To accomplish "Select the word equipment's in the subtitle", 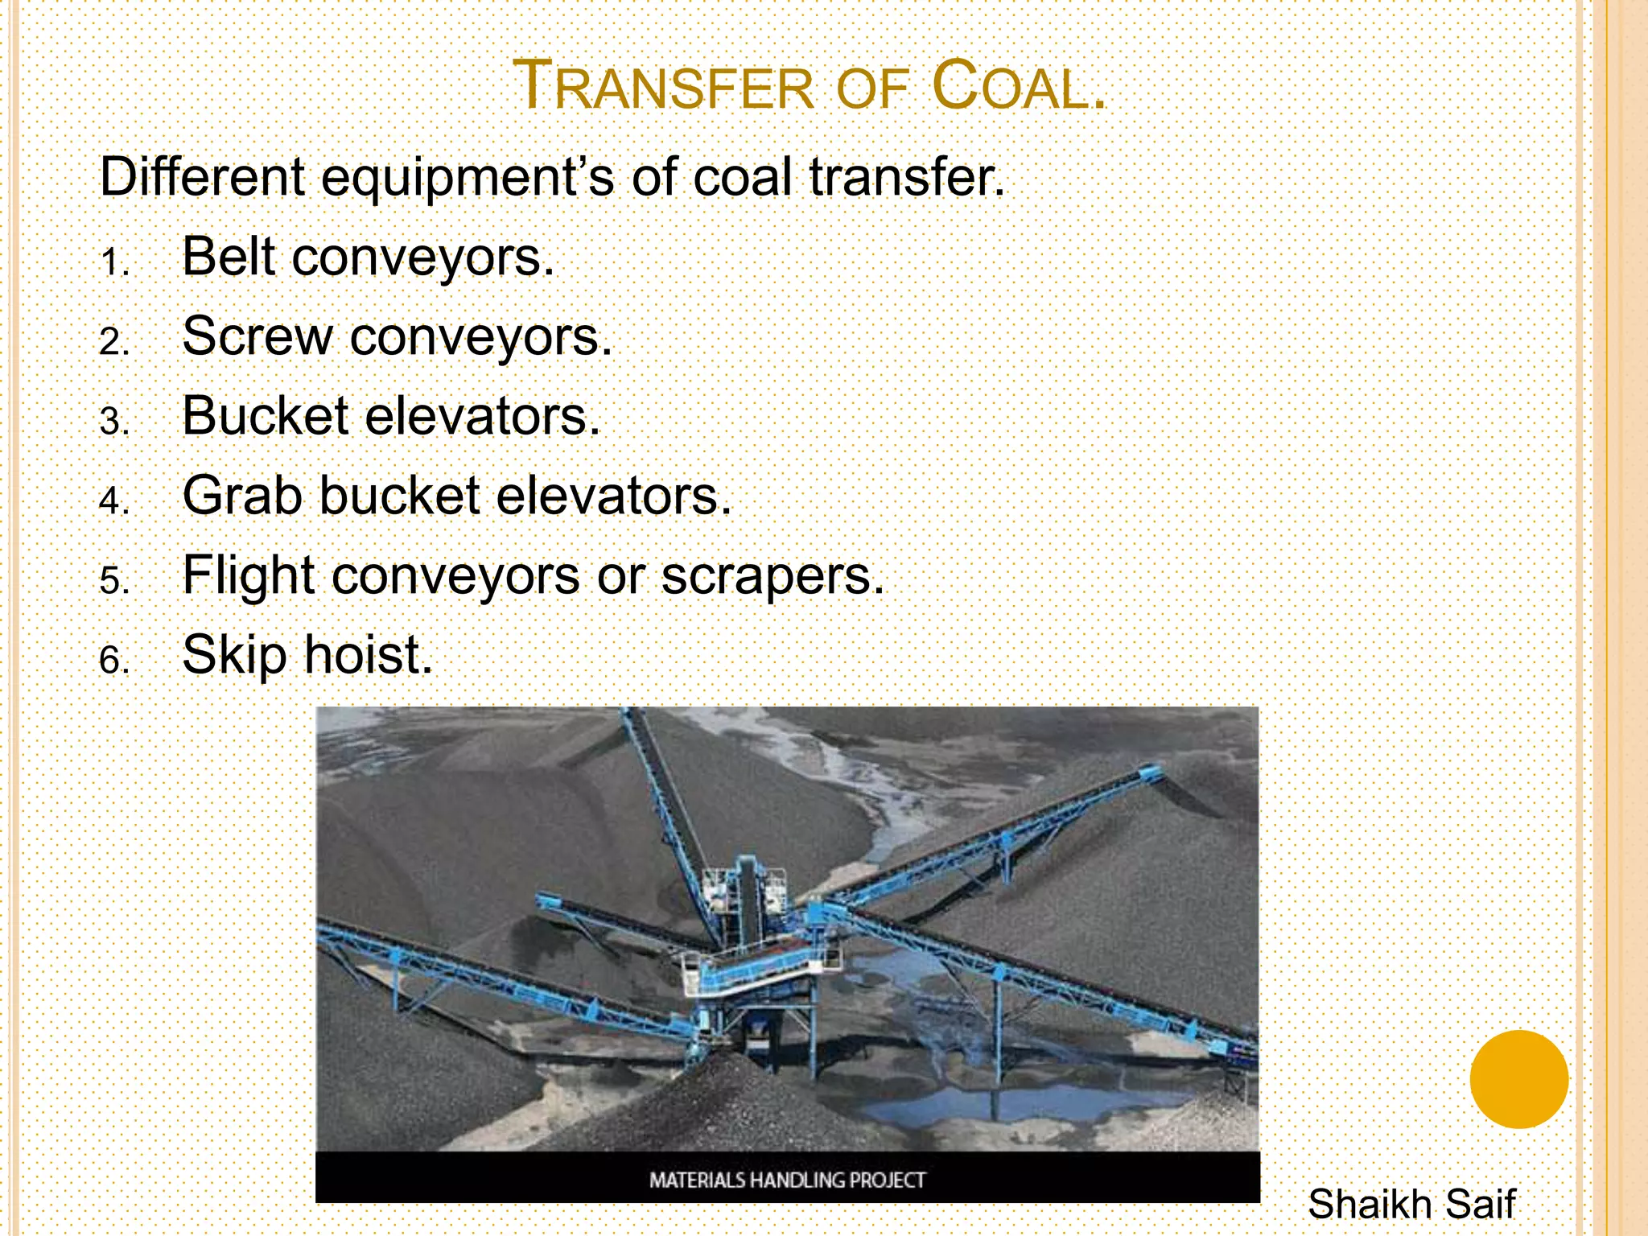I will [468, 178].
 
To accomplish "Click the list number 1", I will [114, 262].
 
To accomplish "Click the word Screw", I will [257, 336].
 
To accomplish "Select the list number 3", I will [114, 421].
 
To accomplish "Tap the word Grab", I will [242, 495].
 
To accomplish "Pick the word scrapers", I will [772, 577].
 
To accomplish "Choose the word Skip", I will [234, 655].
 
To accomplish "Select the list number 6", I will [114, 661].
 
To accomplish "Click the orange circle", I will [1518, 1079].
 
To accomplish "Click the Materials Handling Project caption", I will [787, 1180].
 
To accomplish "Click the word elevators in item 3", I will [483, 416].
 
